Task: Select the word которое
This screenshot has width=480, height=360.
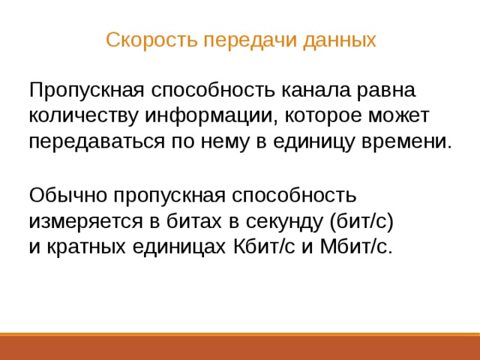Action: click(318, 117)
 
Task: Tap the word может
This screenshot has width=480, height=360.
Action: click(398, 117)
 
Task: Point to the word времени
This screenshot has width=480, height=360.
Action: click(409, 142)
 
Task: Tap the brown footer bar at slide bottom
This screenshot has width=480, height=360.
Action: click(240, 347)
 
